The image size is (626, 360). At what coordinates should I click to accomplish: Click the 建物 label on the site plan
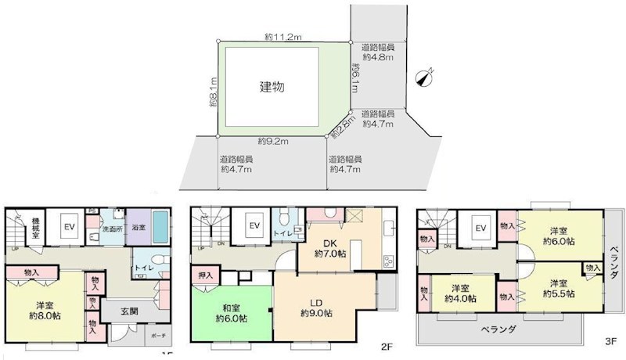click(272, 87)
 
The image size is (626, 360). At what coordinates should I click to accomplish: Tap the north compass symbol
click(425, 77)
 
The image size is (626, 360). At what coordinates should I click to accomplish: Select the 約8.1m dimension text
click(212, 92)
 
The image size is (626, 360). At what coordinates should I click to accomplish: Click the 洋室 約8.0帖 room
click(43, 310)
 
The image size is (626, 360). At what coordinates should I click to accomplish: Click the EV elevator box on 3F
click(480, 228)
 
